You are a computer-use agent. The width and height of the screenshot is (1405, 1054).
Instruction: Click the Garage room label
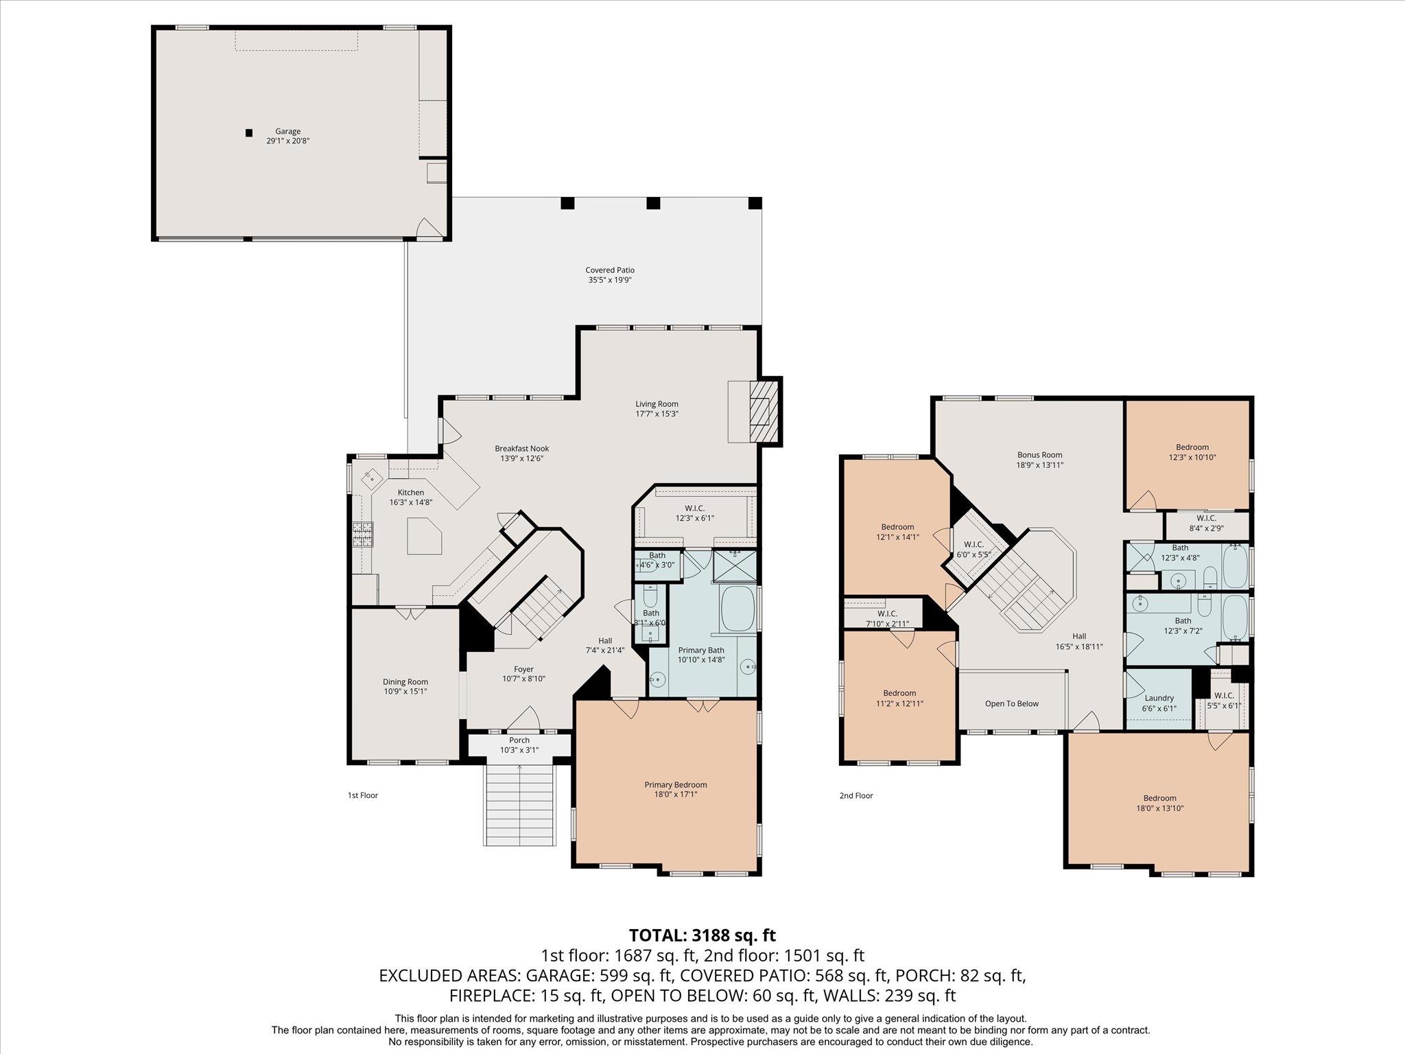tap(288, 131)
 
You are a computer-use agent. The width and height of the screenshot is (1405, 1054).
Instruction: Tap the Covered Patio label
tap(610, 270)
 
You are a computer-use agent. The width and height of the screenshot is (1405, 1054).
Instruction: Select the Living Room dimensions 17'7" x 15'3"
tap(657, 414)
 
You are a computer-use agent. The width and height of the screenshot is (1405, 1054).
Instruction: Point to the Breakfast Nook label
tap(522, 449)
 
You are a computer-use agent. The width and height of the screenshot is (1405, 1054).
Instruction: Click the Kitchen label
tap(411, 493)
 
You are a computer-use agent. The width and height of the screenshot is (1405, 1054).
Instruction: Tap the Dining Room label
tap(405, 682)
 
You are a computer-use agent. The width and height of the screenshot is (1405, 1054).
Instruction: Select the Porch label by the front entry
tap(519, 740)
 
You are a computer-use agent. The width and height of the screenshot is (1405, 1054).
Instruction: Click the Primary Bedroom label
tap(675, 785)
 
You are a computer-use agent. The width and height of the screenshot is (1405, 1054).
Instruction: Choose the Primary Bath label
tap(701, 651)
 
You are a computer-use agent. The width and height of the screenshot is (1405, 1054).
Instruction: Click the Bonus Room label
tap(1040, 455)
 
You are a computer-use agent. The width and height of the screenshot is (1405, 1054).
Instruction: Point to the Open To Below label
tap(1012, 703)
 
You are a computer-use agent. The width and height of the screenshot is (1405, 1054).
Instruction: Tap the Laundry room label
tap(1159, 699)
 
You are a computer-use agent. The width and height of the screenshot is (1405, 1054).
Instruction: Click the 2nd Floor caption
tap(856, 796)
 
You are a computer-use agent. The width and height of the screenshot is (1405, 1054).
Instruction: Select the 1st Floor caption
tap(363, 796)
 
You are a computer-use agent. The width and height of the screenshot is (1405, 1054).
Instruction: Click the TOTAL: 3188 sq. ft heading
tap(702, 935)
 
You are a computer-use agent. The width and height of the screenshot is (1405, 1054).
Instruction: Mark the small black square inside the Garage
tap(249, 132)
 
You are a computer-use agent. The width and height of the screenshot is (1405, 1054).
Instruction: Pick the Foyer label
tap(523, 670)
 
